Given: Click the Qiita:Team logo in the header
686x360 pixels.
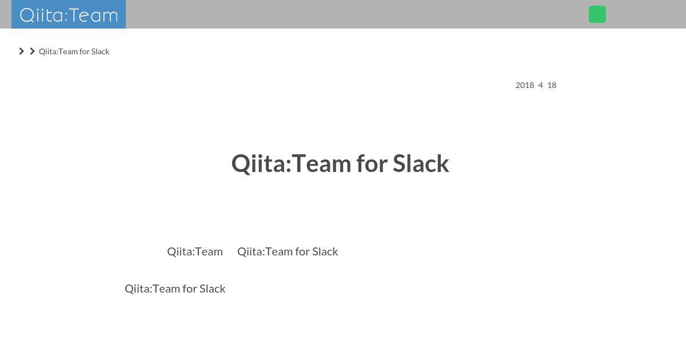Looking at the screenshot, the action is [x=69, y=14].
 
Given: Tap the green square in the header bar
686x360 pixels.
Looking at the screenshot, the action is [x=597, y=14].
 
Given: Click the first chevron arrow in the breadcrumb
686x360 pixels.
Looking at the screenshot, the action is [x=22, y=51].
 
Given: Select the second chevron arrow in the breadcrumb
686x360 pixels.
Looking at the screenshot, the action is [x=32, y=51].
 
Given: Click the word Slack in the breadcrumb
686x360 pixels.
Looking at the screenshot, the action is [x=100, y=51].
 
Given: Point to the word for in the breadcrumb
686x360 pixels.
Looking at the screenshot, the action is [x=84, y=51].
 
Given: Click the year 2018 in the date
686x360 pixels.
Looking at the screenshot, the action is [x=525, y=85].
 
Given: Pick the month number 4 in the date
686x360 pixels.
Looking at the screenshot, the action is [x=541, y=85].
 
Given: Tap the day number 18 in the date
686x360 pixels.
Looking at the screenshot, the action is [x=552, y=85].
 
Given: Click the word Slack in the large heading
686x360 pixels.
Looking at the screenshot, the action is [x=421, y=163].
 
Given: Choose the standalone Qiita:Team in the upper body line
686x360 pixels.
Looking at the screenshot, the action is [x=195, y=251].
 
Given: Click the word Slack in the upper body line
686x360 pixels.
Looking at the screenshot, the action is [x=325, y=251].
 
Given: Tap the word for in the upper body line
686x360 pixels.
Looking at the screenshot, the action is [x=302, y=251].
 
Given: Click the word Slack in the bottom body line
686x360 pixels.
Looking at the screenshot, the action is [x=212, y=289].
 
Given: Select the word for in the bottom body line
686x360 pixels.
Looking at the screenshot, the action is [x=190, y=289].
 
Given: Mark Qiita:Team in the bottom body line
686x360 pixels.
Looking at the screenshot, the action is [x=152, y=289].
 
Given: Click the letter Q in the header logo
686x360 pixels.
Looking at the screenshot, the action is [x=27, y=15].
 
